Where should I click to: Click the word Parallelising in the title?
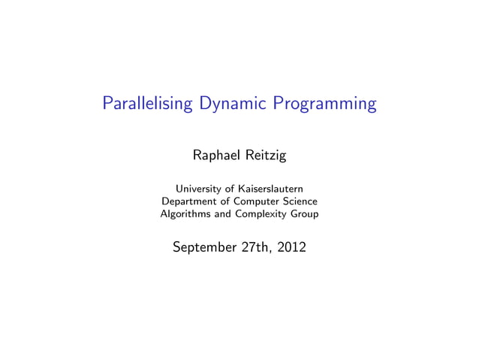click(148, 104)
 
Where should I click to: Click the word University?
click(202, 188)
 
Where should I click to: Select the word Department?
click(190, 201)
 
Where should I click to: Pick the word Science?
click(300, 201)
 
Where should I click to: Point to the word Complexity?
click(263, 214)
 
